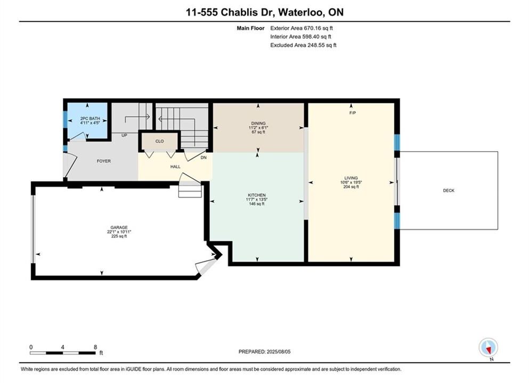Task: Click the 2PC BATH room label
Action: click(x=90, y=119)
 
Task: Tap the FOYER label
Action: click(x=103, y=161)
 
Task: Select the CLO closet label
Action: click(x=160, y=141)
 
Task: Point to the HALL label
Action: click(x=175, y=166)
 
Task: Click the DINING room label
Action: click(x=258, y=123)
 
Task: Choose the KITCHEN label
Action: click(x=257, y=195)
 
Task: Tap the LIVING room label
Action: click(x=351, y=178)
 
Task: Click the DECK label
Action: click(x=449, y=190)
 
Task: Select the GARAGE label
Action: click(x=119, y=227)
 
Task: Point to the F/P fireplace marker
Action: click(x=353, y=113)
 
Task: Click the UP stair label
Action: click(x=124, y=136)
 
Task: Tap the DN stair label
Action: click(x=204, y=157)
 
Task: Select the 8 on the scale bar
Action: click(x=95, y=347)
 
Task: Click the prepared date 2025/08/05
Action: click(x=278, y=352)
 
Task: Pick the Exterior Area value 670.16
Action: click(x=313, y=28)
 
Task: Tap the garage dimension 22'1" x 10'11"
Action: click(x=119, y=232)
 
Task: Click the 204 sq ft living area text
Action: click(x=351, y=187)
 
